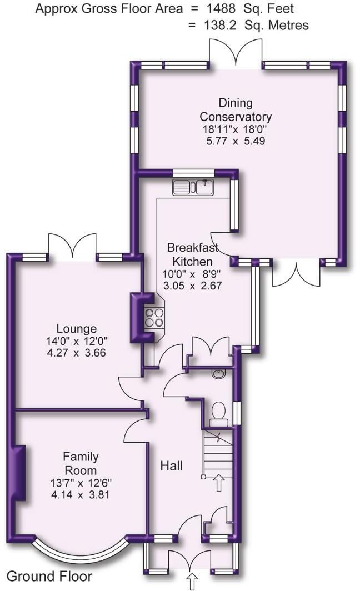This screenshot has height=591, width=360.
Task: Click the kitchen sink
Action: pyautogui.click(x=192, y=187)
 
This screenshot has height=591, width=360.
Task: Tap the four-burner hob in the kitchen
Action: pyautogui.click(x=154, y=318)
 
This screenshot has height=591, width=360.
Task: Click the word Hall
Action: pyautogui.click(x=172, y=465)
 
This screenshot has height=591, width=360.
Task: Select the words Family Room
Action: pyautogui.click(x=81, y=463)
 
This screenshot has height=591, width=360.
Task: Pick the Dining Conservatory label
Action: pyautogui.click(x=236, y=109)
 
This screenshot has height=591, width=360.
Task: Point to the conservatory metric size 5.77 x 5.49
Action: pyautogui.click(x=236, y=141)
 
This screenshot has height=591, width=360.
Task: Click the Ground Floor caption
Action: pyautogui.click(x=49, y=576)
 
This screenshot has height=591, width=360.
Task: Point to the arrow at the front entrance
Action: pyautogui.click(x=192, y=582)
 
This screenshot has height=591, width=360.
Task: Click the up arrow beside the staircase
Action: pyautogui.click(x=219, y=482)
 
